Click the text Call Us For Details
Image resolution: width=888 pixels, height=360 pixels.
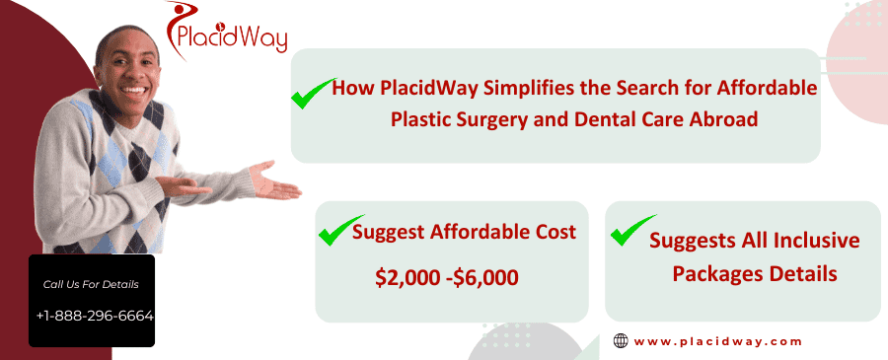(x=92, y=285)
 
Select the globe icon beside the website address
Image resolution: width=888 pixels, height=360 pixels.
(x=621, y=341)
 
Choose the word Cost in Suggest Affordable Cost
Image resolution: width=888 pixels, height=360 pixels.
(x=554, y=233)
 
